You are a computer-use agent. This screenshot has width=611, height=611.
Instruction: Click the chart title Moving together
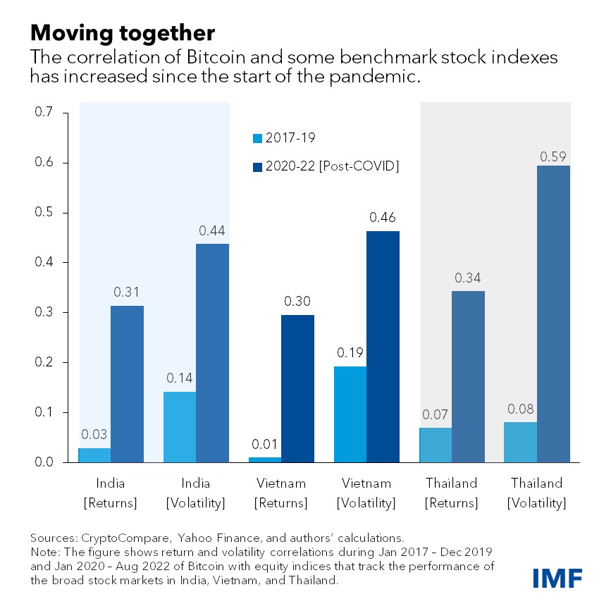point(122,33)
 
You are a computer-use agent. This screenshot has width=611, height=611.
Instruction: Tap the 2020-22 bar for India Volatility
point(213,352)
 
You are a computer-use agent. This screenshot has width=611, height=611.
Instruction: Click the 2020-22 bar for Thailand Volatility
point(553,314)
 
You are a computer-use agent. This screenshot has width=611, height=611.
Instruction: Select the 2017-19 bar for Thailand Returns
point(436,445)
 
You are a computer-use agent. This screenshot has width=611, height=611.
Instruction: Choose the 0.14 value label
point(179,378)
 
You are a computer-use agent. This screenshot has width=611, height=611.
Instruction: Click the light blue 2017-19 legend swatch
point(257,137)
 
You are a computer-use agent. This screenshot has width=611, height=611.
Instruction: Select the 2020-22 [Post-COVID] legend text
point(331,166)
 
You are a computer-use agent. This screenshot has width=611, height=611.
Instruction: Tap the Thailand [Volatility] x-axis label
point(537,493)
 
